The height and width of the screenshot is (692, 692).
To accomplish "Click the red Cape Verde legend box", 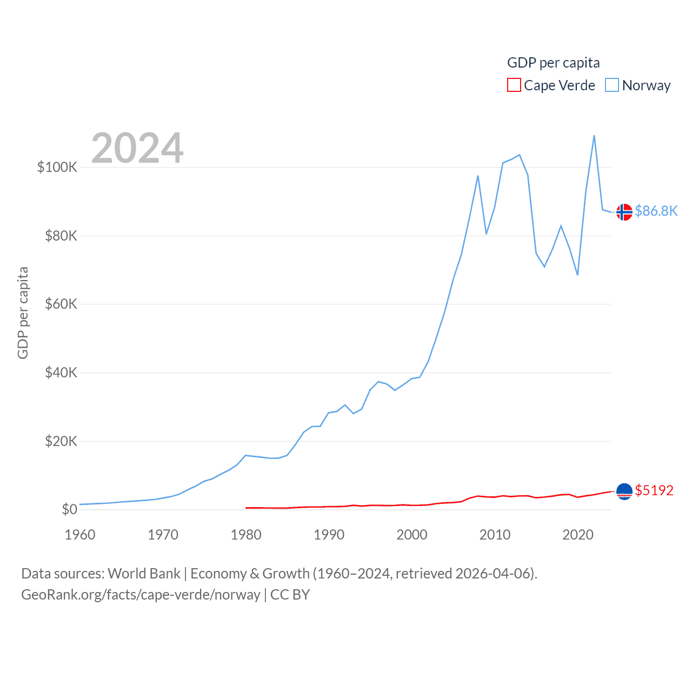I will pyautogui.click(x=514, y=85).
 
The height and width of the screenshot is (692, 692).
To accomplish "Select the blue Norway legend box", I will pyautogui.click(x=612, y=85).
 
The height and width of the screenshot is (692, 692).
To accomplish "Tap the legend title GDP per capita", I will pyautogui.click(x=553, y=63).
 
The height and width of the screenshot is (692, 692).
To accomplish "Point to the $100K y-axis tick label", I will pyautogui.click(x=57, y=167).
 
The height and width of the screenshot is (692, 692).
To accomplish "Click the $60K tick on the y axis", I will pyautogui.click(x=61, y=304).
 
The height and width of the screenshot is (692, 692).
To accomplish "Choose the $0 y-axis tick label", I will pyautogui.click(x=69, y=509).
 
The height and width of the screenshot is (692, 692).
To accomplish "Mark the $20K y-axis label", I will pyautogui.click(x=61, y=441).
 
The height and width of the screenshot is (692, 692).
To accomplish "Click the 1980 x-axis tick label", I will pyautogui.click(x=246, y=535).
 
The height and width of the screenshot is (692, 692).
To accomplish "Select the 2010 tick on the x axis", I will pyautogui.click(x=495, y=535).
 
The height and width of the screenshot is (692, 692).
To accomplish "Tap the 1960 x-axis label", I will pyautogui.click(x=80, y=535).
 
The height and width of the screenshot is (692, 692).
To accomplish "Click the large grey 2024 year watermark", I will pyautogui.click(x=137, y=148).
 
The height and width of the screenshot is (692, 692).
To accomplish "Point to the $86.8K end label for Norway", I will pyautogui.click(x=656, y=211).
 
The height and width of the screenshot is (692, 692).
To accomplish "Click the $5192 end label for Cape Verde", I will pyautogui.click(x=654, y=490).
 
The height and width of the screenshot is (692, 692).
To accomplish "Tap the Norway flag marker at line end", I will pyautogui.click(x=624, y=212).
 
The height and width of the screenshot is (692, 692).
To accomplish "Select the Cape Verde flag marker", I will pyautogui.click(x=624, y=491).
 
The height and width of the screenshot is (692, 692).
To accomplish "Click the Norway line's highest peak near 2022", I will pyautogui.click(x=594, y=136).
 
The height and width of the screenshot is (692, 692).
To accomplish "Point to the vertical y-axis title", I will pyautogui.click(x=23, y=312).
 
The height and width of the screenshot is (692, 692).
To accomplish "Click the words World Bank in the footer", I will pyautogui.click(x=144, y=574).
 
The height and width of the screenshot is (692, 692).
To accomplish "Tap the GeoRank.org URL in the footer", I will pyautogui.click(x=141, y=595).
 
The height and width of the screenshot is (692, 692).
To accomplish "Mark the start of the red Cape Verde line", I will pyautogui.click(x=247, y=508).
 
